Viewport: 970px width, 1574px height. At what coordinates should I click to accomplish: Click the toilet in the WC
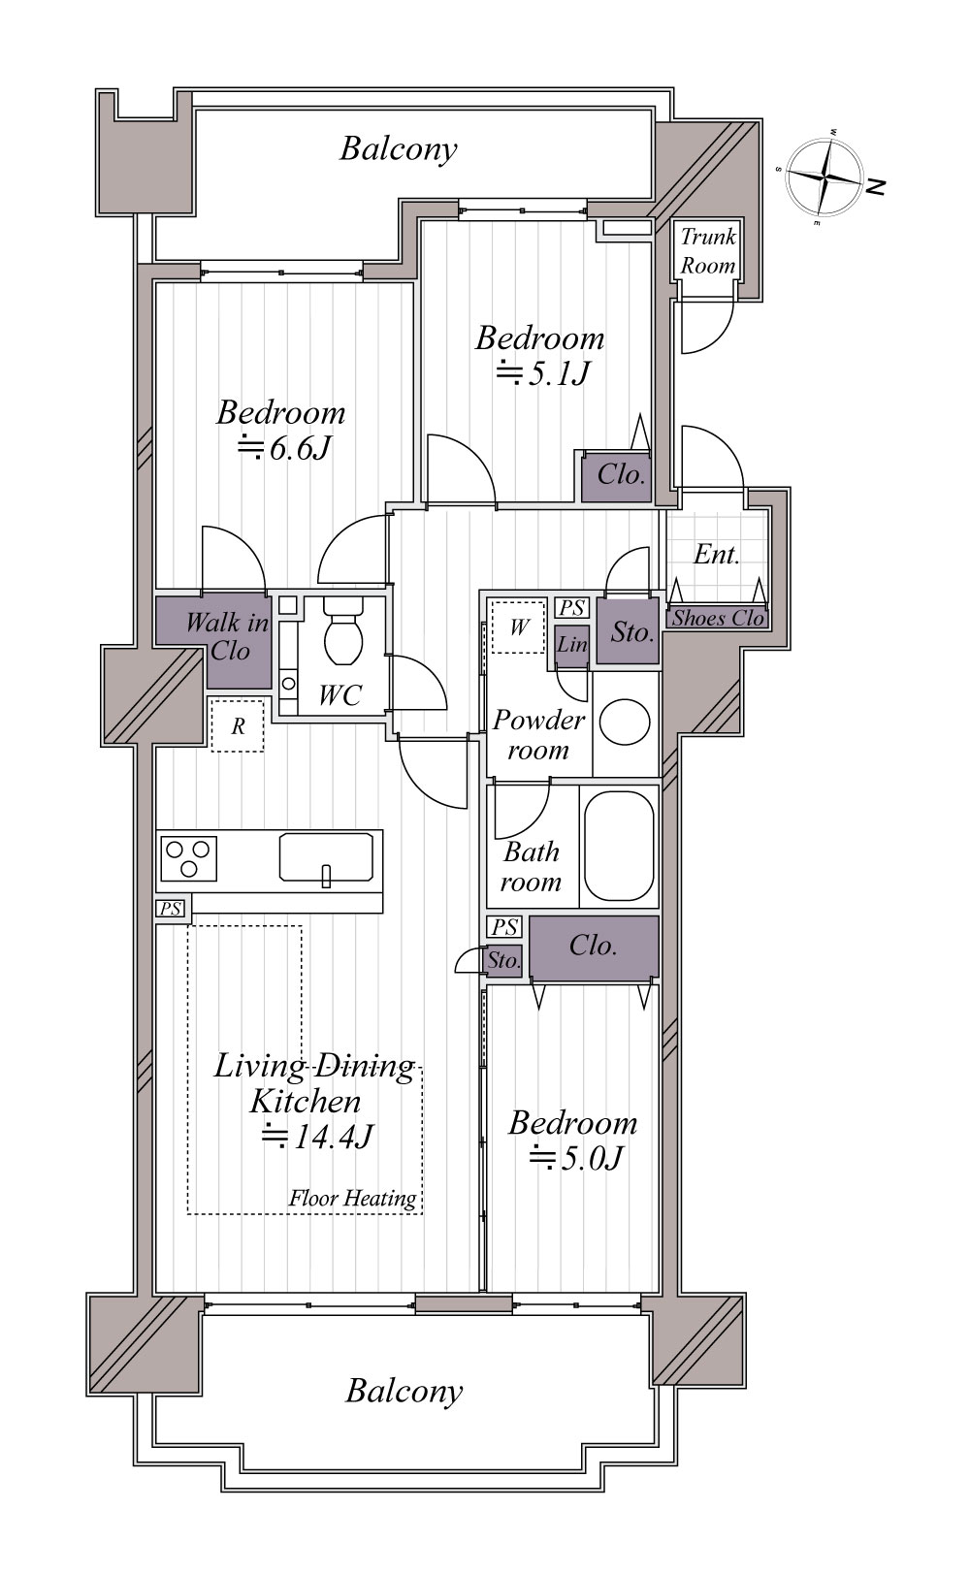coord(343,630)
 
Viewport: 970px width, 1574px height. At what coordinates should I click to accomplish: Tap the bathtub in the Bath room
coord(619,846)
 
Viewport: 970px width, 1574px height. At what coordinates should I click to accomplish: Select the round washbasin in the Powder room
coord(625,723)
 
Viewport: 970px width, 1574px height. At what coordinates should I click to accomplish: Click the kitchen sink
coord(326,857)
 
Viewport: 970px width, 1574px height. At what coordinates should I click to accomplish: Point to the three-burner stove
coord(188,858)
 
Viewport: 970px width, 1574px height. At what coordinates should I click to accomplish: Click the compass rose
coord(824,176)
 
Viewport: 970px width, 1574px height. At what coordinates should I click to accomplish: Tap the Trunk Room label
coord(708,251)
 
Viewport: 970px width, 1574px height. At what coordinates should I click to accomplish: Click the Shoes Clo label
coord(718,619)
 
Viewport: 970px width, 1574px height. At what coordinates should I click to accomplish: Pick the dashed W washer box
coord(518,626)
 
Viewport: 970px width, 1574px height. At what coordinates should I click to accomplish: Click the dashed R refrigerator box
coord(238,725)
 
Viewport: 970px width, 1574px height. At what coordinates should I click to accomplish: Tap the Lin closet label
coord(572,644)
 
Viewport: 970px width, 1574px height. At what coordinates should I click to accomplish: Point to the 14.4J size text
coord(317,1137)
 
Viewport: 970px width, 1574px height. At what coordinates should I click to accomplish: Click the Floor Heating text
coord(352,1198)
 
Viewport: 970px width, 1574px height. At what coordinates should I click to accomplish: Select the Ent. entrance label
coord(716,555)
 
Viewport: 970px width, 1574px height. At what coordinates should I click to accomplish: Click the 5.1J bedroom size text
coord(542,373)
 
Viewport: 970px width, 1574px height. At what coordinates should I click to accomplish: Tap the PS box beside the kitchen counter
coord(171,909)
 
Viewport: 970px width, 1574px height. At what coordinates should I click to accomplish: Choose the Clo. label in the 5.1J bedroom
coord(622,475)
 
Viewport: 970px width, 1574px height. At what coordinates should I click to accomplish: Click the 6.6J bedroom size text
coord(284,448)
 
